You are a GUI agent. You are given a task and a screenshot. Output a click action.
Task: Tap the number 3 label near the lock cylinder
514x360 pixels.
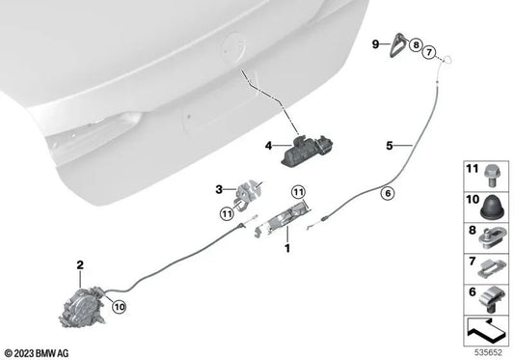click(219, 189)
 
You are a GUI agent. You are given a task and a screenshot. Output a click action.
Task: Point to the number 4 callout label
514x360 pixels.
click(270, 147)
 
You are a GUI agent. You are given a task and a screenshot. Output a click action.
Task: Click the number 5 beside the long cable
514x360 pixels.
click(390, 147)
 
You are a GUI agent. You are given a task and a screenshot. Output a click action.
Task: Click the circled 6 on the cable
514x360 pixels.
click(388, 193)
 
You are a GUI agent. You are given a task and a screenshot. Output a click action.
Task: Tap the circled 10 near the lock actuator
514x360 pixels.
click(118, 308)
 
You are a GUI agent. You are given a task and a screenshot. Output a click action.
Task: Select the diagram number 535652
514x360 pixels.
click(489, 350)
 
